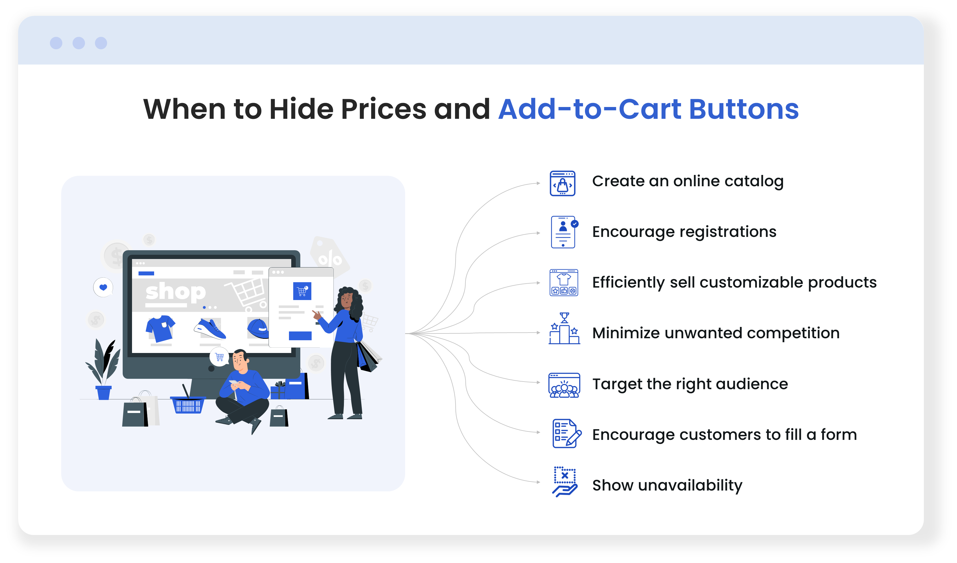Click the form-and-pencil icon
(567, 433)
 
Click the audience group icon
(564, 385)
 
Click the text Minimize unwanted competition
(716, 333)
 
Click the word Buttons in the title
(744, 109)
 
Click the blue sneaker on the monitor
(210, 329)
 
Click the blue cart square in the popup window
(302, 291)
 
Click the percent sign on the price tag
(330, 259)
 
